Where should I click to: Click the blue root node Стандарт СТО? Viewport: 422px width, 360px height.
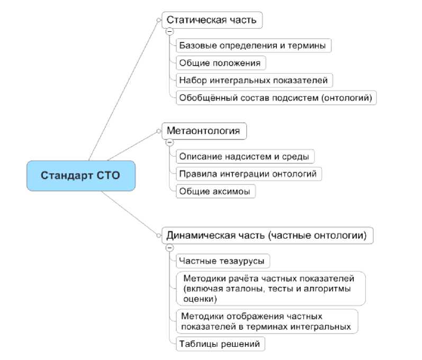coord(81,175)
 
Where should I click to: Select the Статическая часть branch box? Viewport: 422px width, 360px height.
coord(212,20)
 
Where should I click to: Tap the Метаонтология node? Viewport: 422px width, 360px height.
coord(204,130)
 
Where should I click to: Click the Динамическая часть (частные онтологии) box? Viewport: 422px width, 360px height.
coord(267,235)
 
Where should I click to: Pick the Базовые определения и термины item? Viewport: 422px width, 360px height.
coord(253,46)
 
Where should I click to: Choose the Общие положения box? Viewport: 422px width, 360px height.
coord(220,63)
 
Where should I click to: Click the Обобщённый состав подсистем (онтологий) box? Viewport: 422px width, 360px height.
coord(276,97)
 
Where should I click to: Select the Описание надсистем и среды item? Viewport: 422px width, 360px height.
coord(244,156)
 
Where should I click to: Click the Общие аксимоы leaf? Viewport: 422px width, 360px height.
coord(216,191)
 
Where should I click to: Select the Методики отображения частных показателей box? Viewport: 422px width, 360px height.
coord(266,321)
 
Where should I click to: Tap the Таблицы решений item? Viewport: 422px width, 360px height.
coord(220,344)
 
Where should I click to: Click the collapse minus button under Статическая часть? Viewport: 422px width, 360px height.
coord(169,31)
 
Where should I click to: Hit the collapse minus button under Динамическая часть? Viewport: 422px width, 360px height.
coord(169,247)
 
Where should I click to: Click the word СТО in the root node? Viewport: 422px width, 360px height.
coord(109,175)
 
